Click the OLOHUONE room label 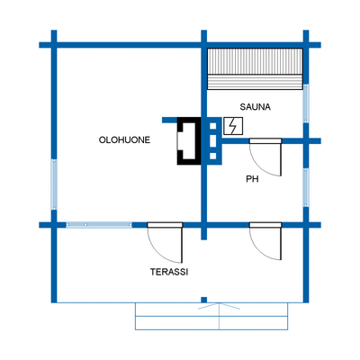(x=124, y=140)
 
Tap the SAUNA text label (x=256, y=107)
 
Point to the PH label (x=252, y=179)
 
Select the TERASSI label (x=169, y=272)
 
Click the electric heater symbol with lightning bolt (x=233, y=126)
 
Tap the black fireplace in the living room (x=189, y=141)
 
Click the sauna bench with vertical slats (x=255, y=61)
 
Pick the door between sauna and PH (x=265, y=157)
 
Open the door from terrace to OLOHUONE (x=165, y=242)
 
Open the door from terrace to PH (x=265, y=241)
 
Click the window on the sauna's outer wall (x=306, y=103)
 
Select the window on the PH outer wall (x=306, y=187)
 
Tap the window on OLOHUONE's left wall (x=54, y=184)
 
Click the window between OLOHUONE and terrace (x=99, y=225)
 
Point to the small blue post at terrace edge (x=204, y=300)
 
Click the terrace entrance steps (x=211, y=317)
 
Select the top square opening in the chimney (x=213, y=126)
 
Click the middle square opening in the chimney (x=213, y=141)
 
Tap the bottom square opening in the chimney (x=213, y=156)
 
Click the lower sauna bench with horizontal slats (x=255, y=82)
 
